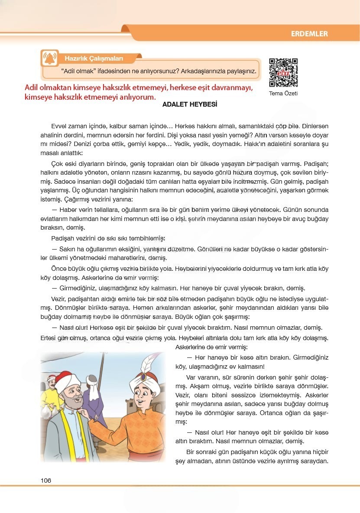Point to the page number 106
pyautogui.click(x=46, y=480)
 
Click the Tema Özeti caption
pyautogui.click(x=283, y=93)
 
